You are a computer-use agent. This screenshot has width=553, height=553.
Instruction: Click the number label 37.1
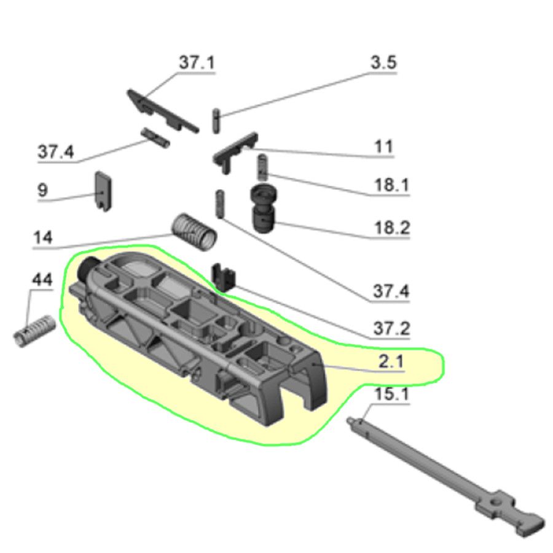click(x=197, y=63)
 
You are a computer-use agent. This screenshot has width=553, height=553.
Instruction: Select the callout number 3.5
click(x=383, y=63)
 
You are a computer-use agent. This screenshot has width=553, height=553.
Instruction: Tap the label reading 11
click(x=383, y=147)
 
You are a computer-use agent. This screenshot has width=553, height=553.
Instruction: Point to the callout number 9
click(x=42, y=190)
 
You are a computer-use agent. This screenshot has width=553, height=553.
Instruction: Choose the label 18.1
click(x=391, y=185)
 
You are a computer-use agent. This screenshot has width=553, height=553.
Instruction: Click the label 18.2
click(x=391, y=229)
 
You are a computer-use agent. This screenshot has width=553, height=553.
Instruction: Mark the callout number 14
click(x=44, y=238)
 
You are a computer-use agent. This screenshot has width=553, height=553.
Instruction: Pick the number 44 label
click(x=42, y=280)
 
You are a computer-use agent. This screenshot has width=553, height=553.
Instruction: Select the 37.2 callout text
click(x=391, y=328)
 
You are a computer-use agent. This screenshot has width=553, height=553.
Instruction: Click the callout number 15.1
click(x=391, y=394)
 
